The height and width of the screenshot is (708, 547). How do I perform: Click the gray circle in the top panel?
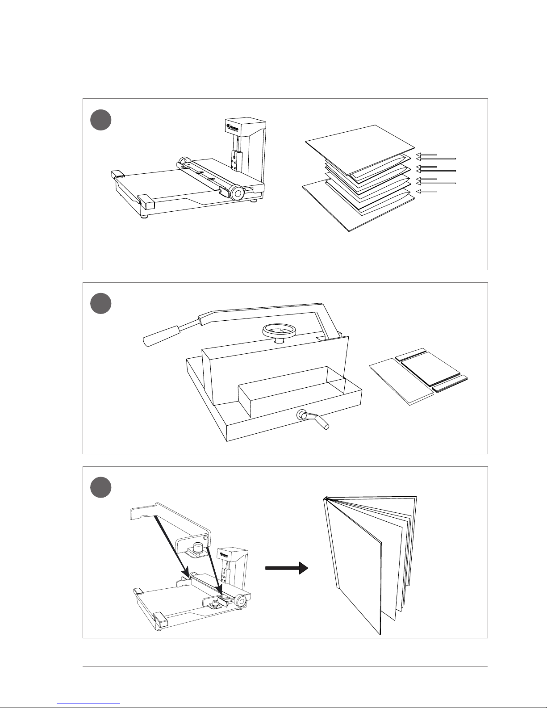[x=101, y=120]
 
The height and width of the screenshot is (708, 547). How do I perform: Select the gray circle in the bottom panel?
[x=101, y=487]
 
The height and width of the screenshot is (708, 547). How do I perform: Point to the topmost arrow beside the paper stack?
[x=426, y=155]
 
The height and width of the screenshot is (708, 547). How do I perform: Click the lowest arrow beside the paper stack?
[x=426, y=192]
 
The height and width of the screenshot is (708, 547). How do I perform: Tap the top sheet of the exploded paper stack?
[x=360, y=149]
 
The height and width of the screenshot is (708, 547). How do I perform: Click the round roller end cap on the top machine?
[x=237, y=193]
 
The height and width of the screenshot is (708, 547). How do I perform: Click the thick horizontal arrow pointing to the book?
[x=286, y=568]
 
